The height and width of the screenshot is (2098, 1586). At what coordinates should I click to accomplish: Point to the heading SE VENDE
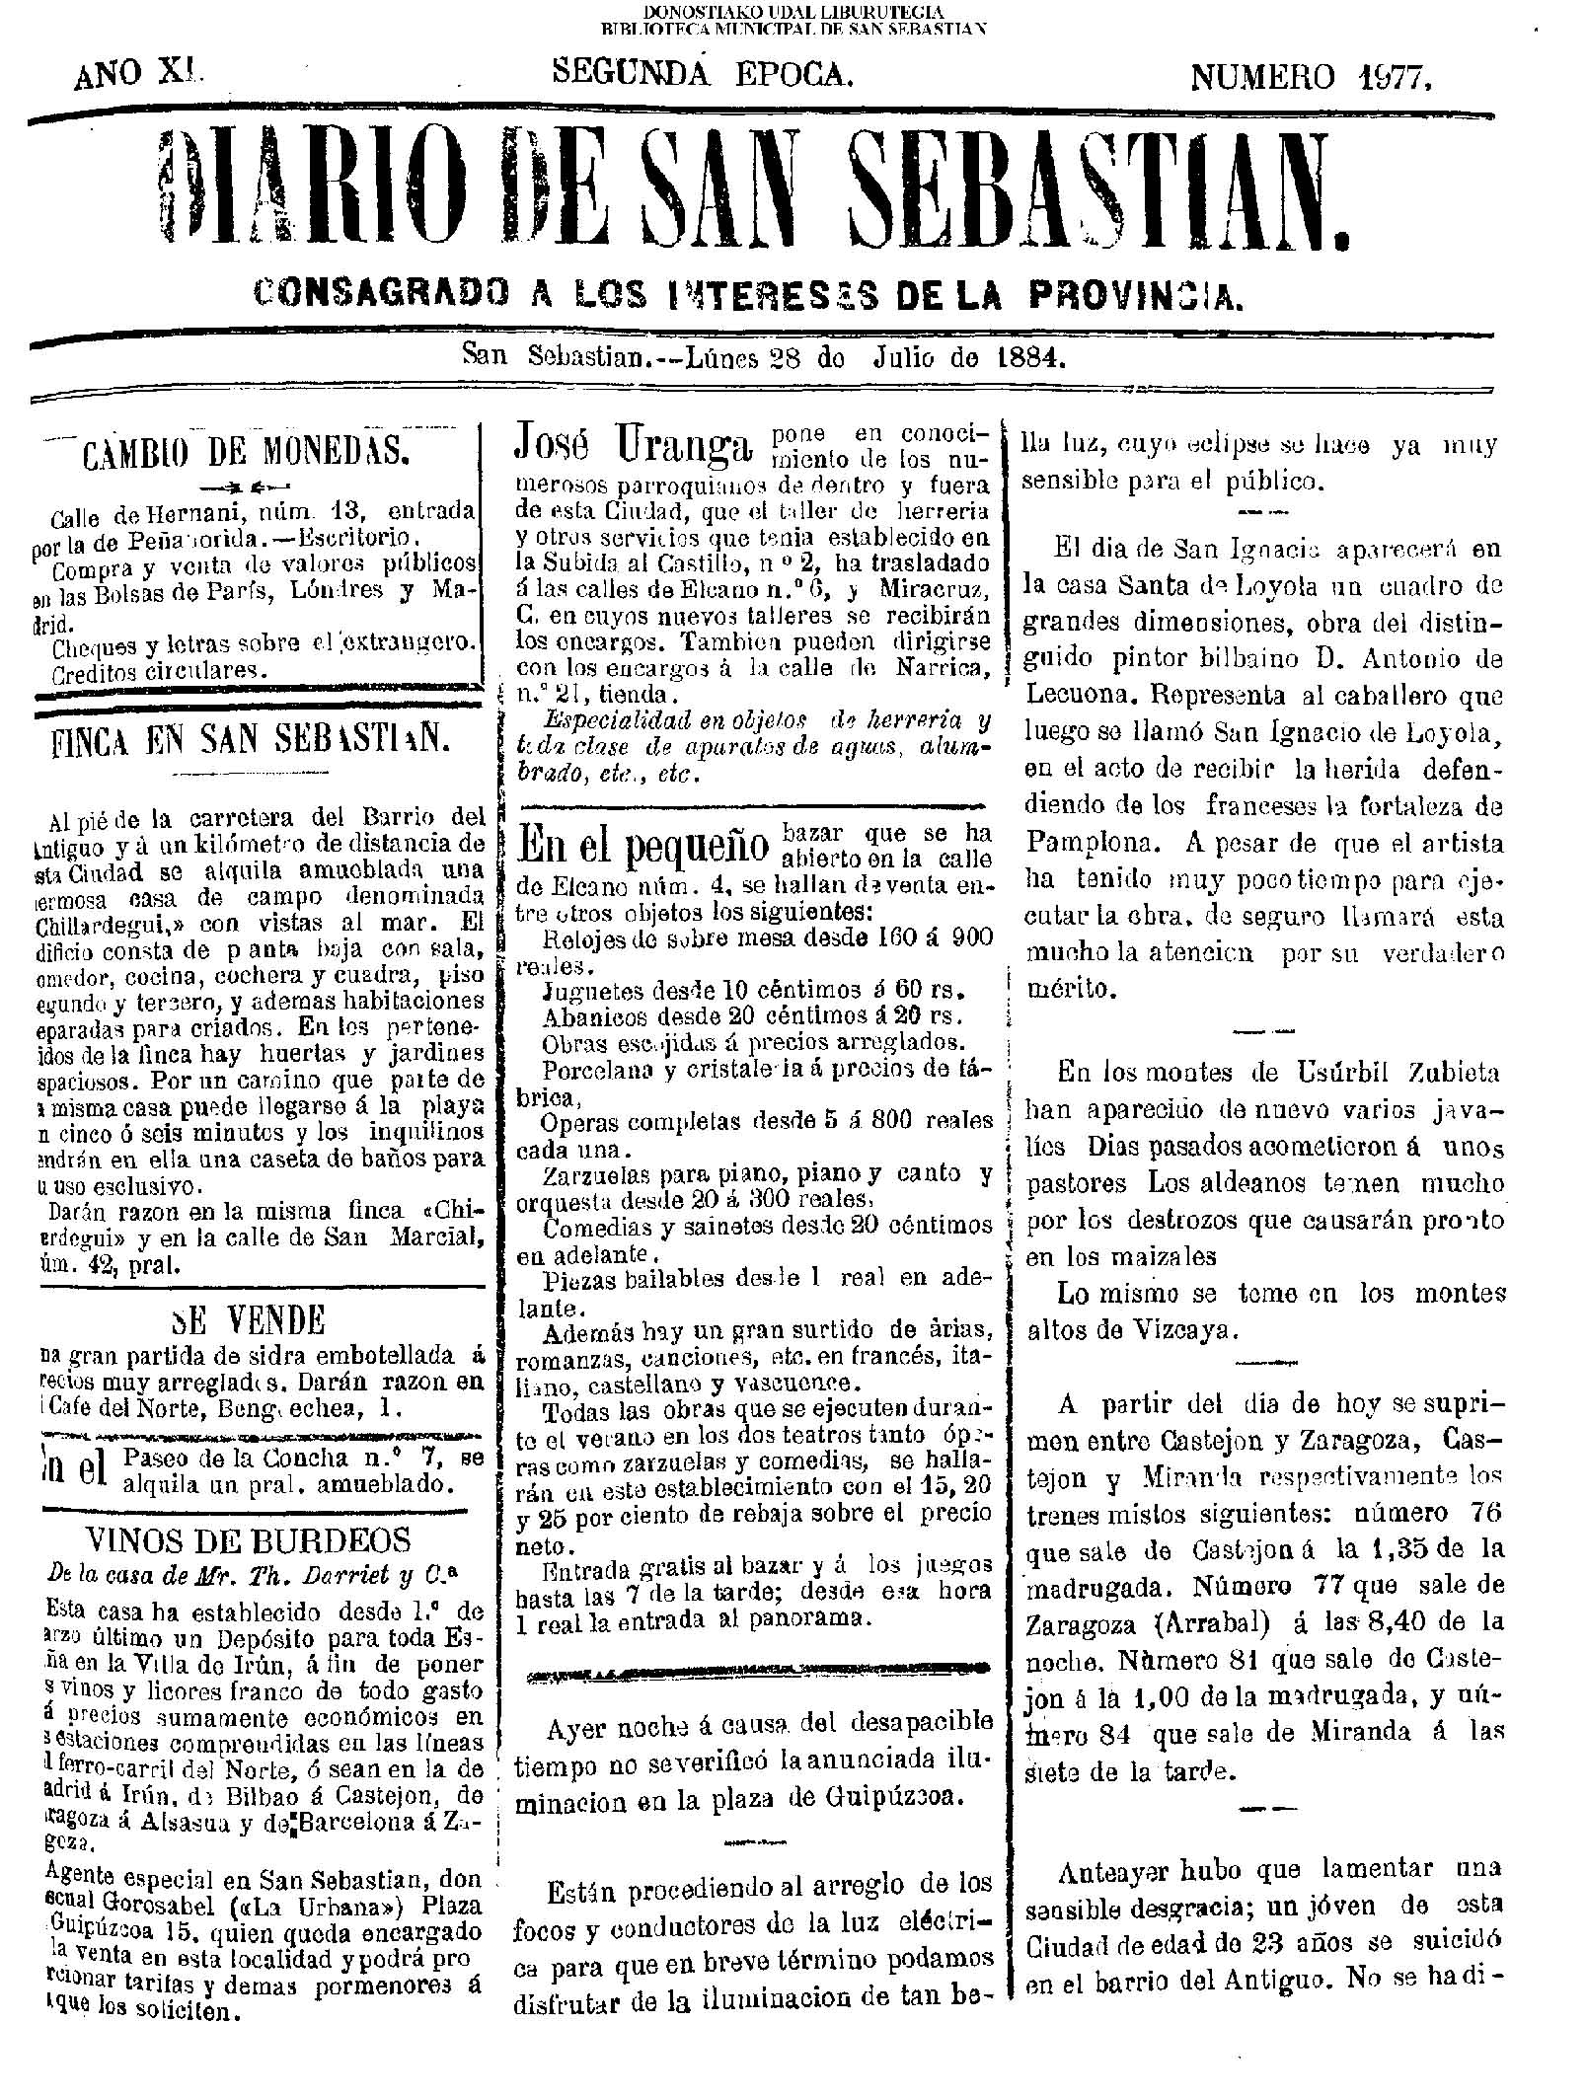(x=247, y=1320)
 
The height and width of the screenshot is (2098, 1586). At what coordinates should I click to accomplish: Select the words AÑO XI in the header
(x=138, y=73)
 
